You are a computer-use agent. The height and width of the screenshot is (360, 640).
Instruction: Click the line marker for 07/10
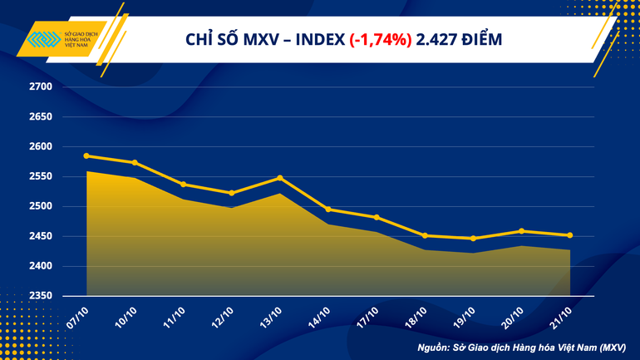tap(87, 155)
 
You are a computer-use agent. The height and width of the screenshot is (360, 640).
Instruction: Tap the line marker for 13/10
tap(280, 178)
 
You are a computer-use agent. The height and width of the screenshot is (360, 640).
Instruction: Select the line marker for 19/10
tap(473, 239)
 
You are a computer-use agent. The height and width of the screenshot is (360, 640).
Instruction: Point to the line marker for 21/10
tap(569, 235)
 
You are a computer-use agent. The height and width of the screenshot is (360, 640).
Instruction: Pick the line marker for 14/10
tap(328, 210)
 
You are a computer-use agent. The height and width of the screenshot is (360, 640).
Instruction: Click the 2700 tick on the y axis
tap(41, 86)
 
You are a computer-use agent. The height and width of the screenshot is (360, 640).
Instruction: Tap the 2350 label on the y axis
tap(41, 296)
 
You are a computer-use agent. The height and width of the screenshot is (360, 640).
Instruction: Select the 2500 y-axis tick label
tap(41, 206)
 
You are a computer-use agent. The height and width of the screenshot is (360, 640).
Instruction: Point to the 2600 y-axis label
tap(41, 146)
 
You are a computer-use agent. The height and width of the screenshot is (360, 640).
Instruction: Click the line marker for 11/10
tap(184, 185)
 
